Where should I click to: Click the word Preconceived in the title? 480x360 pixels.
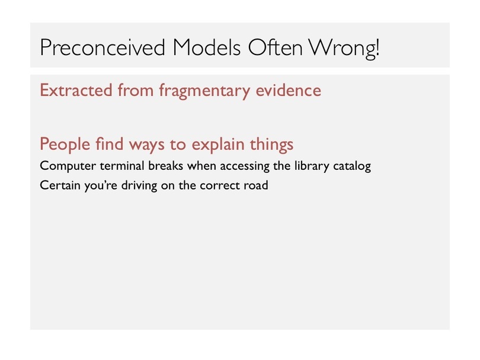coord(103,48)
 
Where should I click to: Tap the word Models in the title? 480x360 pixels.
coord(207,47)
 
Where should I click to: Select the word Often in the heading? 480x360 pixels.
coord(275,47)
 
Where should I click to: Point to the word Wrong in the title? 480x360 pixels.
coord(340,49)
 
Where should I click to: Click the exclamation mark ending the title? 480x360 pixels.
coord(377,47)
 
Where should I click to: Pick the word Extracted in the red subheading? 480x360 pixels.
coord(76,90)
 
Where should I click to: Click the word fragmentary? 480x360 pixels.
coord(204,91)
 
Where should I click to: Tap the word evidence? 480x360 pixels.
coord(289,90)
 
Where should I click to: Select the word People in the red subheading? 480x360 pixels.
coord(65,144)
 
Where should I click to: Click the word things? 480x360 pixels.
coord(271,144)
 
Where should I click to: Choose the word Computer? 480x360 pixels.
coord(68,166)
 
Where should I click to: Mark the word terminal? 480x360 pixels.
coord(122,165)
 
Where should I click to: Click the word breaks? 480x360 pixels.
coord(165,165)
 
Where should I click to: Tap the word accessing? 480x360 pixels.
coord(245,166)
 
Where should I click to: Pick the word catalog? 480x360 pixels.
coord(352,166)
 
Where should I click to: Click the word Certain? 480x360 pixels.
coord(60,185)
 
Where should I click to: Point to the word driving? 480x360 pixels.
coord(139,186)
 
